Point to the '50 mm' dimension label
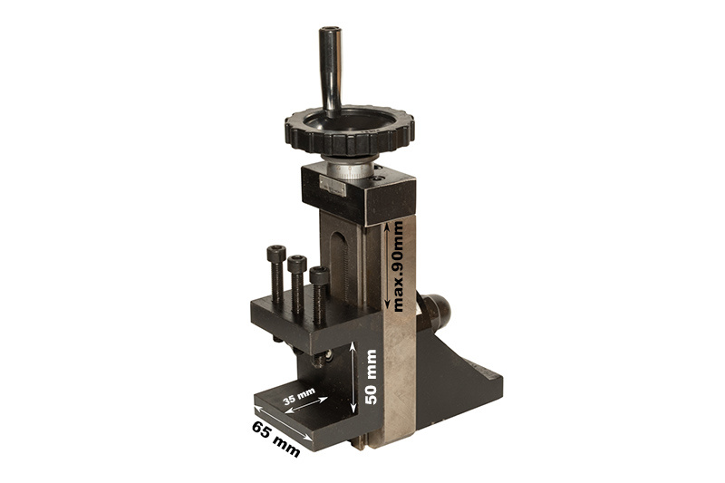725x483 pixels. point(372,377)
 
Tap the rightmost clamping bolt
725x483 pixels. point(319,295)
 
